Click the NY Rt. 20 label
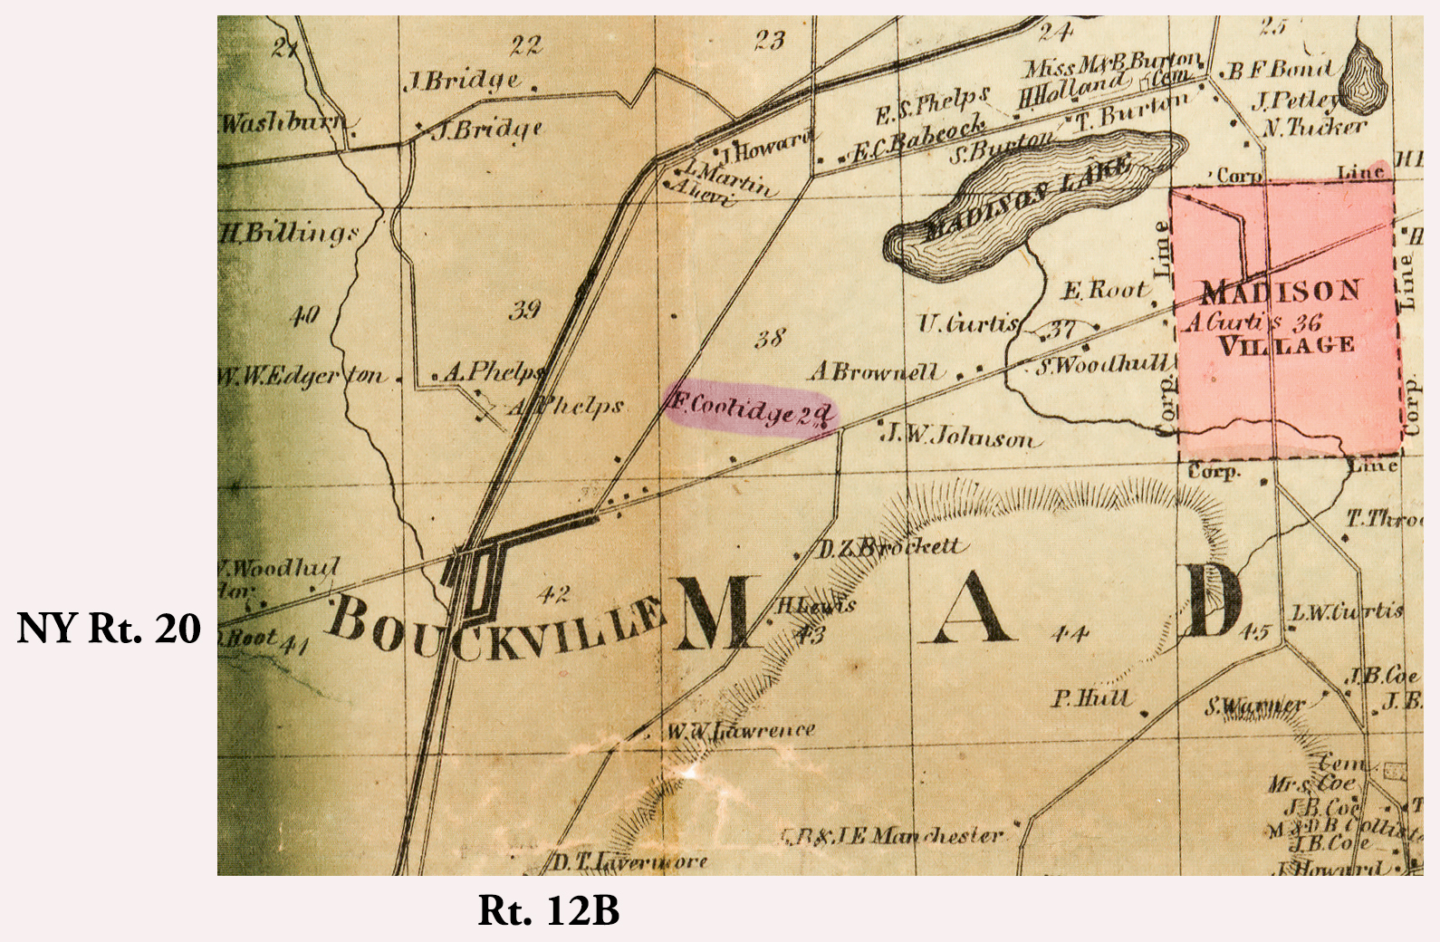point(109,628)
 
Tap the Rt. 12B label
point(548,910)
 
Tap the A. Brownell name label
point(875,371)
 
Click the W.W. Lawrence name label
point(741,730)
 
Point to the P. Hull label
point(1090,697)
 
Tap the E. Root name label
point(1103,291)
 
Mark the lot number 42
point(553,594)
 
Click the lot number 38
point(769,339)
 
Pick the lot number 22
point(525,44)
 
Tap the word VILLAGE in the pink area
point(1286,345)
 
